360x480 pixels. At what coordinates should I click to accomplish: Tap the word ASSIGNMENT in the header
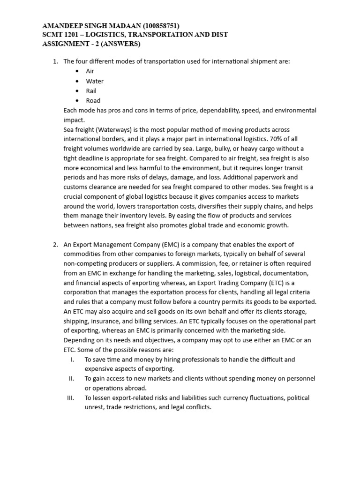[60, 44]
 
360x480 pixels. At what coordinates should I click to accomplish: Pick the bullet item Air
[90, 71]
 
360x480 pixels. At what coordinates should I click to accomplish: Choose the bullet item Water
[95, 81]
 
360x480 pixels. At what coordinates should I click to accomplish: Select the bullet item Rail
[91, 91]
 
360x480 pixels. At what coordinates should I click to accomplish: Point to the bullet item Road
[93, 100]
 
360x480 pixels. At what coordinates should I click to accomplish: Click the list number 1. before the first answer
[55, 61]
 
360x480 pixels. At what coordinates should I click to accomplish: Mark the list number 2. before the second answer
[55, 244]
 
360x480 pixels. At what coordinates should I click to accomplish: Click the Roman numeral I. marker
[72, 360]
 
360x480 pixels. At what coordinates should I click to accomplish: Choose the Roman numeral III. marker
[71, 398]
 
